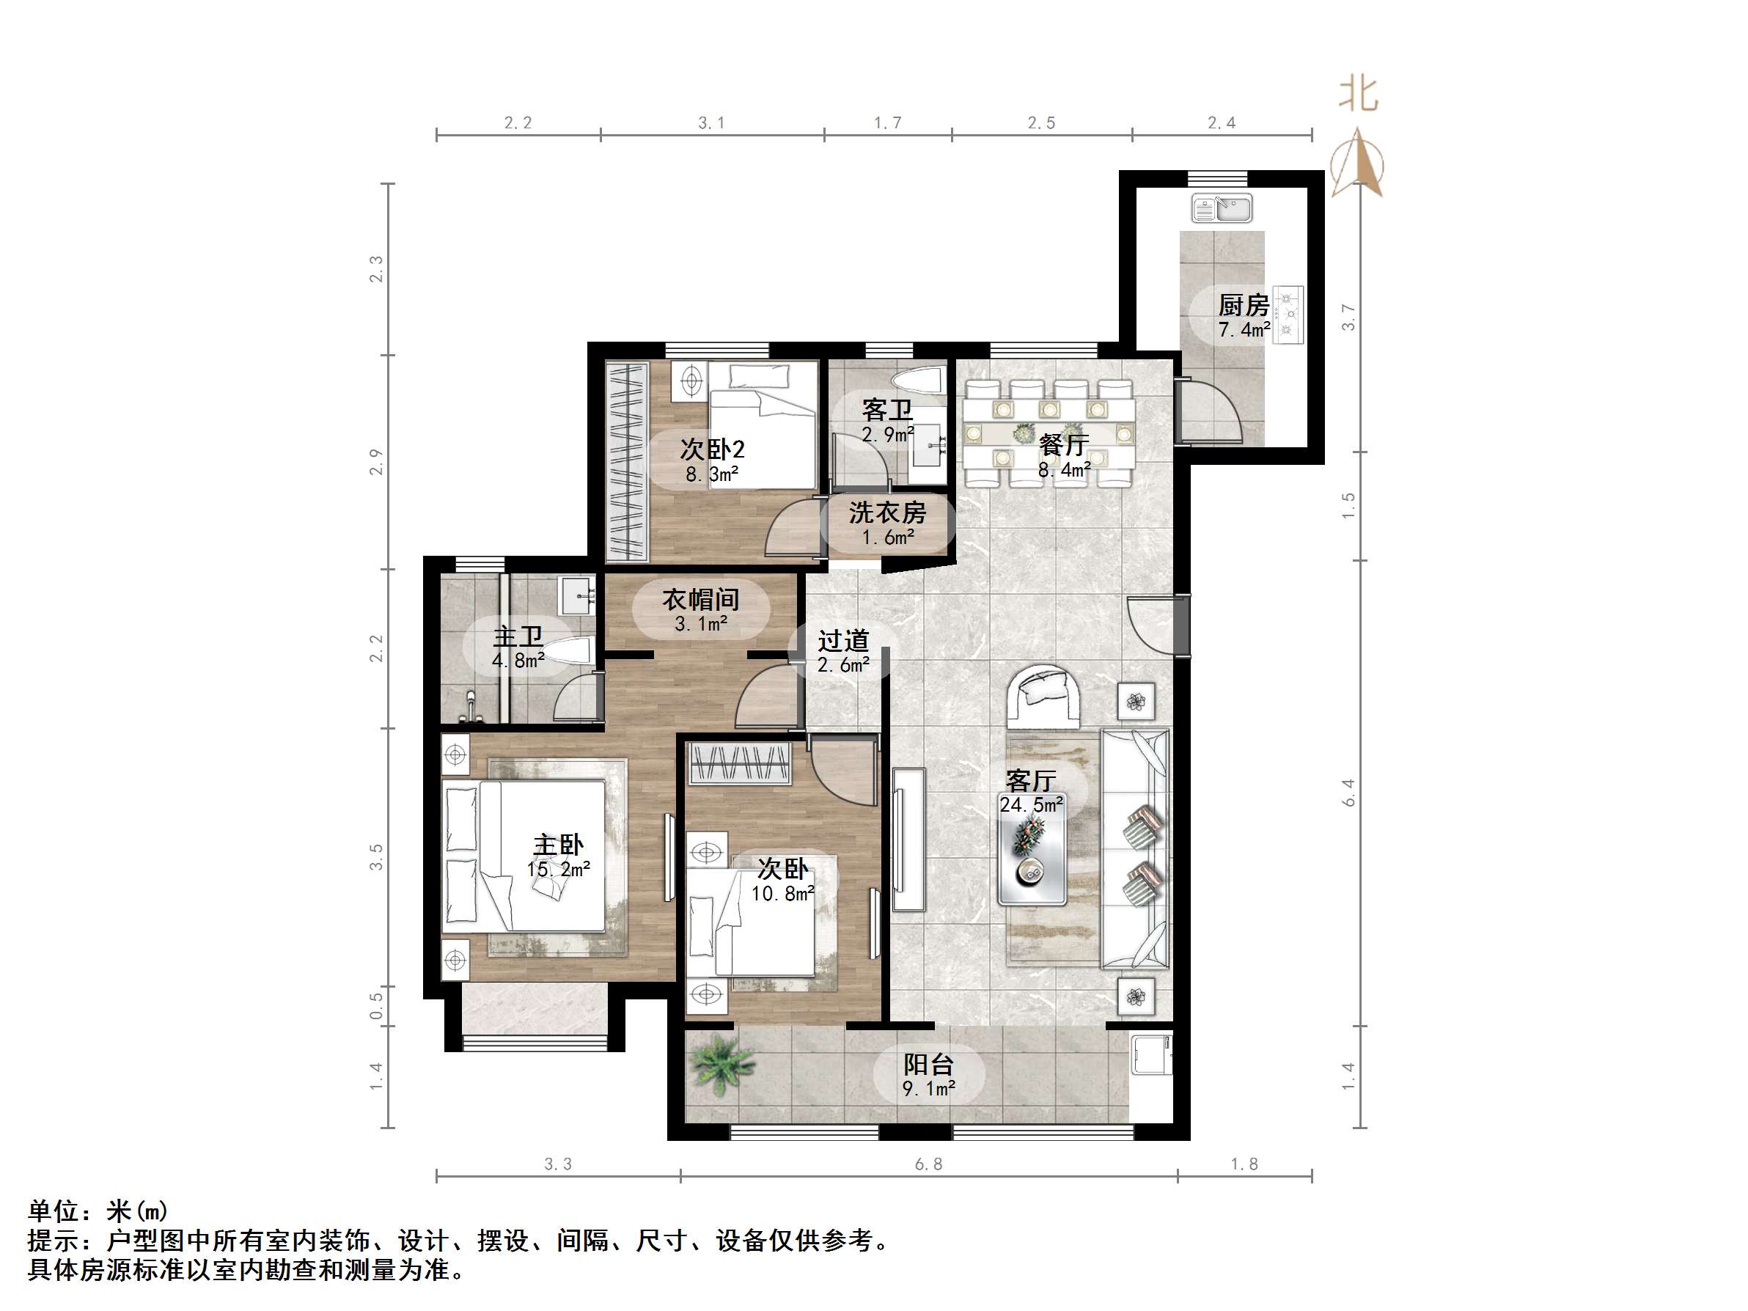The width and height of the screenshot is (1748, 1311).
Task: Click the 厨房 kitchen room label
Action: (1243, 305)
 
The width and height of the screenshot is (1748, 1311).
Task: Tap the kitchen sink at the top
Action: (1222, 210)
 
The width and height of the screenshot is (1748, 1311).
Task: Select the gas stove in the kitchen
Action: (1288, 315)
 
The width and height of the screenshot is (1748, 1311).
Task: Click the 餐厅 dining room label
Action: (1064, 445)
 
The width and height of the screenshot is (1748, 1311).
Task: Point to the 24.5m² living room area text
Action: (1031, 805)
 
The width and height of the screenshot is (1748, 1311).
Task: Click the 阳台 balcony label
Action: (928, 1065)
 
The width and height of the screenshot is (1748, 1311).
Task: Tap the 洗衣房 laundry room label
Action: (887, 513)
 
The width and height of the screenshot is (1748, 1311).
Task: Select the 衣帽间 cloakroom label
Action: (701, 600)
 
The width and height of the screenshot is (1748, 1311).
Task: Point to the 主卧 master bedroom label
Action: (559, 845)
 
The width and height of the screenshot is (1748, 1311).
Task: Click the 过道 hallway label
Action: (843, 640)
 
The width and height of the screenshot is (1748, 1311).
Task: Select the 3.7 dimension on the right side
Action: (1348, 317)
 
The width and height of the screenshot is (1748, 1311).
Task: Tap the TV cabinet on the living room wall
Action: (908, 840)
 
